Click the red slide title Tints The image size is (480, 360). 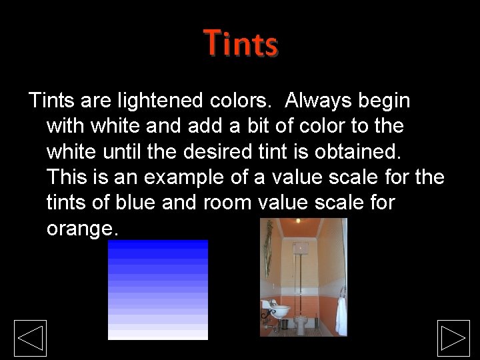point(241,43)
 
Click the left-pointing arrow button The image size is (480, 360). point(31,338)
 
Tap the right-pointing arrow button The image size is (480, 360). point(453,338)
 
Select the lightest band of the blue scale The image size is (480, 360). point(158,335)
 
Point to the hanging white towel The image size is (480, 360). point(341,315)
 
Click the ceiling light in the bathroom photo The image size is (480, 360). point(297,221)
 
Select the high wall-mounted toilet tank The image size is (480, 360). point(298,250)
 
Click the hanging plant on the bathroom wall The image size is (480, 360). point(268,247)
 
